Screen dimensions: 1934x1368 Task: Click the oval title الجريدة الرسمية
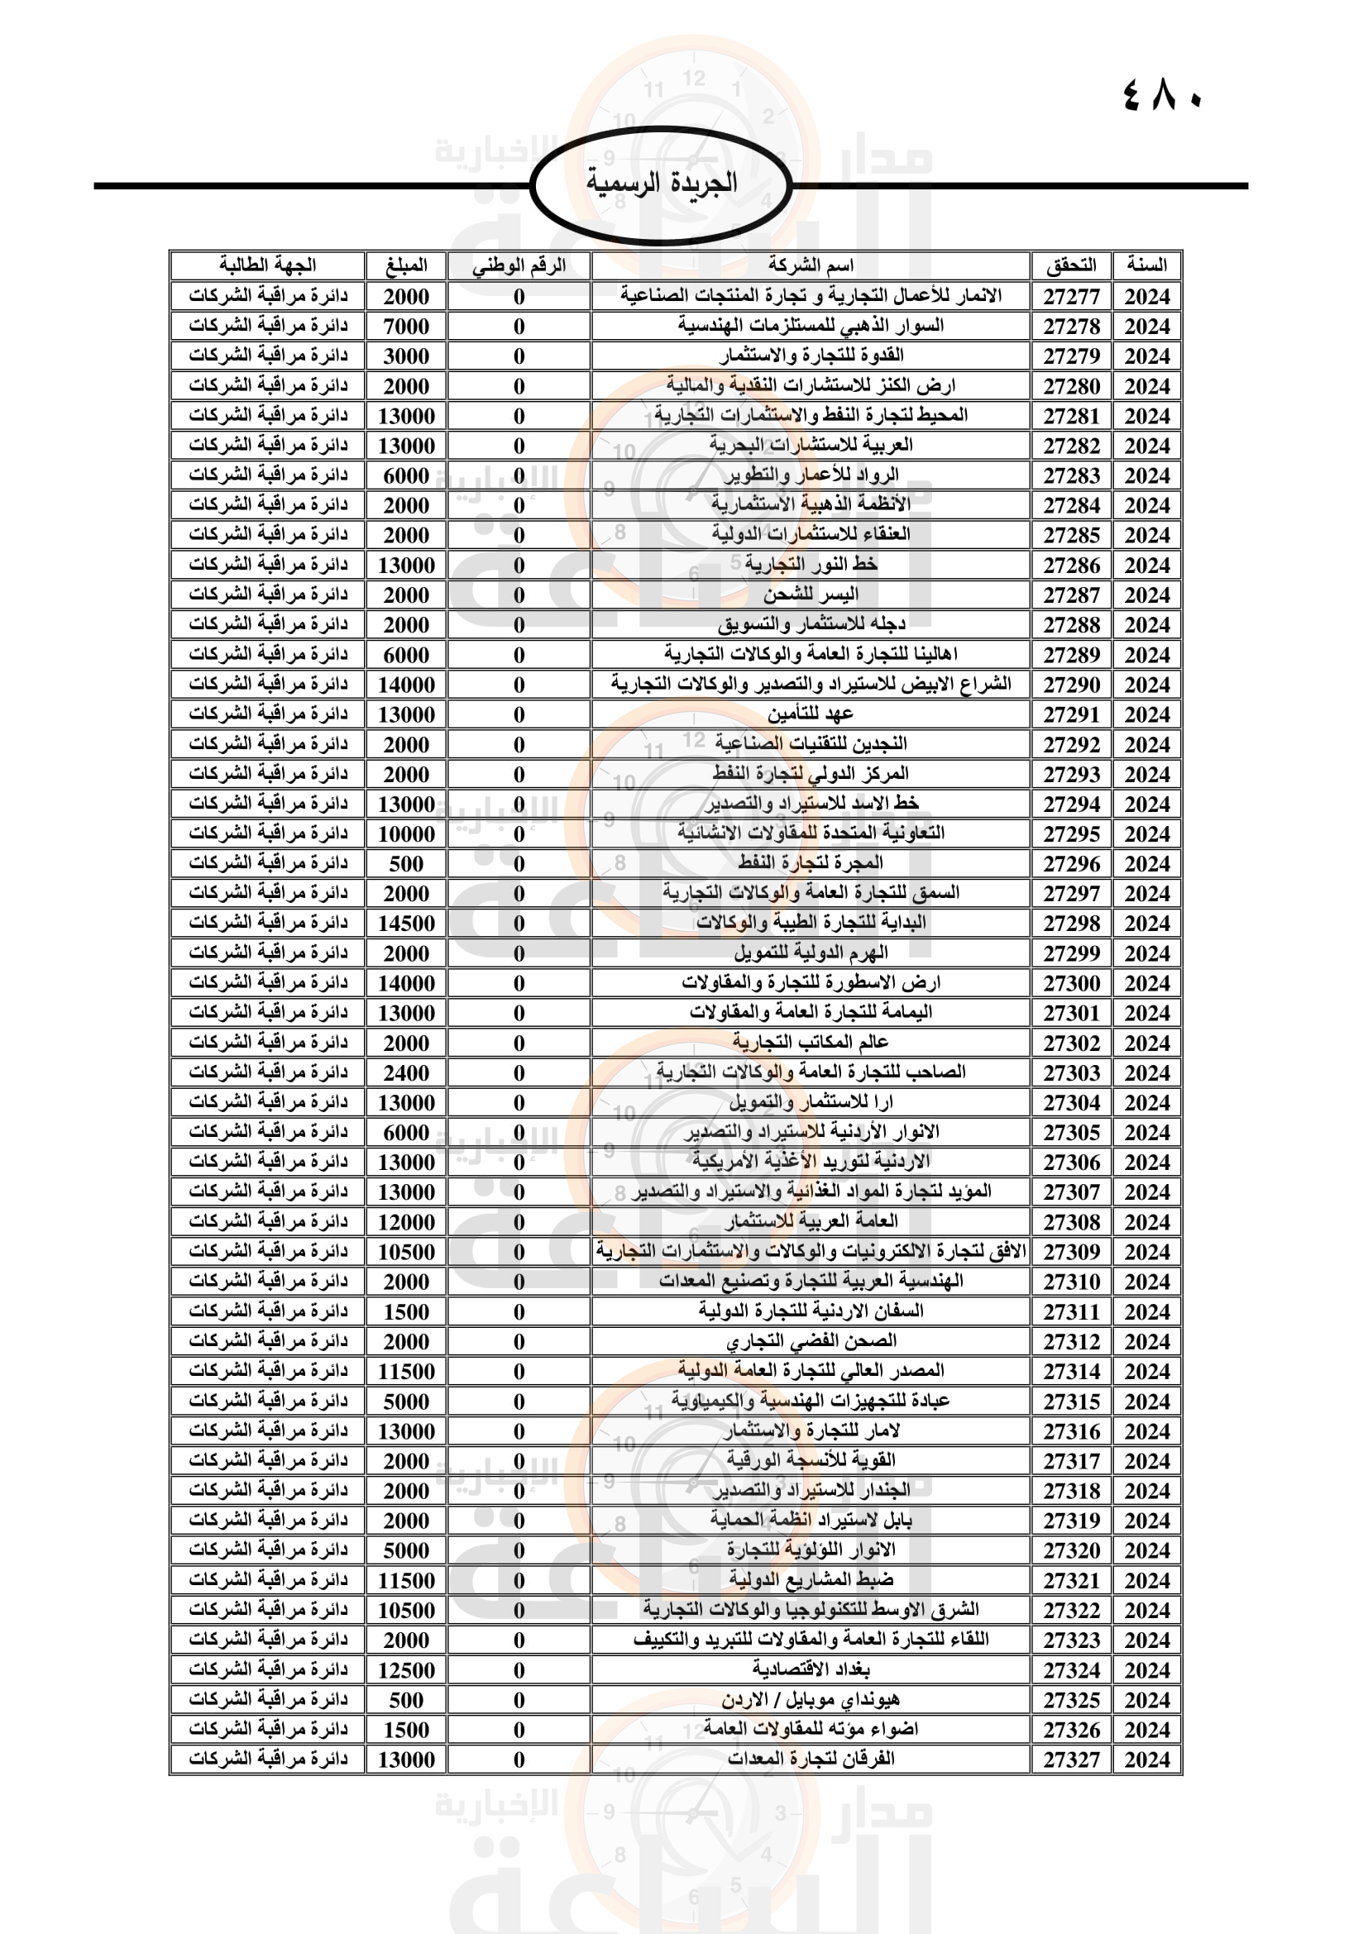pyautogui.click(x=662, y=183)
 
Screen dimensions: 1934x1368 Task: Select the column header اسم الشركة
pyautogui.click(x=811, y=265)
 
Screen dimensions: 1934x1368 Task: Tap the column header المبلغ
pyautogui.click(x=406, y=265)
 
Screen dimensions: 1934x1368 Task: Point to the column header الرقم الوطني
pyautogui.click(x=519, y=265)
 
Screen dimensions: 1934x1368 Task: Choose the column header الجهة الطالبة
pyautogui.click(x=268, y=265)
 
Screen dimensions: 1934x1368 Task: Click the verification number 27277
pyautogui.click(x=1071, y=297)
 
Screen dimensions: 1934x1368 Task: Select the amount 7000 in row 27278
pyautogui.click(x=406, y=326)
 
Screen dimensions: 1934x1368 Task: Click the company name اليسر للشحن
pyautogui.click(x=811, y=595)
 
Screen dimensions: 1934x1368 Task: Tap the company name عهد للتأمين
pyautogui.click(x=811, y=714)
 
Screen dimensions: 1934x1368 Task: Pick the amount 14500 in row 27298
pyautogui.click(x=406, y=924)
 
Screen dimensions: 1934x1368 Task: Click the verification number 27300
pyautogui.click(x=1071, y=983)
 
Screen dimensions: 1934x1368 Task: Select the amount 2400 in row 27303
pyautogui.click(x=406, y=1073)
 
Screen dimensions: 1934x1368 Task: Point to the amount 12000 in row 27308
pyautogui.click(x=406, y=1222)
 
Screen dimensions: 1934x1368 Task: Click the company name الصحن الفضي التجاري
pyautogui.click(x=811, y=1341)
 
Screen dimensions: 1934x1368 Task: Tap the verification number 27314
pyautogui.click(x=1071, y=1371)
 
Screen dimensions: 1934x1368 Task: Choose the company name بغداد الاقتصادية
pyautogui.click(x=811, y=1669)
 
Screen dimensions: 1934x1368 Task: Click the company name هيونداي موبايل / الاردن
pyautogui.click(x=811, y=1700)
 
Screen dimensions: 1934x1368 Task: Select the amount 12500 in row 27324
pyautogui.click(x=406, y=1670)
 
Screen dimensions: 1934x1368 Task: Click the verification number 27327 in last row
pyautogui.click(x=1071, y=1760)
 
